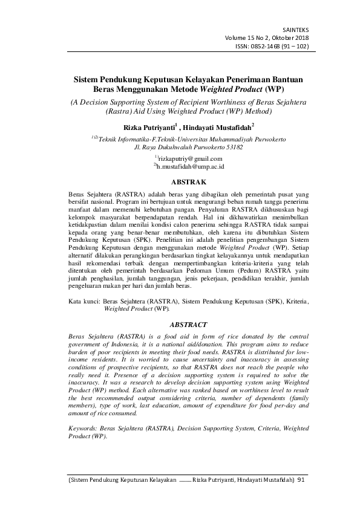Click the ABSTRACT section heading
point(180,325)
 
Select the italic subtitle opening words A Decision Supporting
point(107,102)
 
